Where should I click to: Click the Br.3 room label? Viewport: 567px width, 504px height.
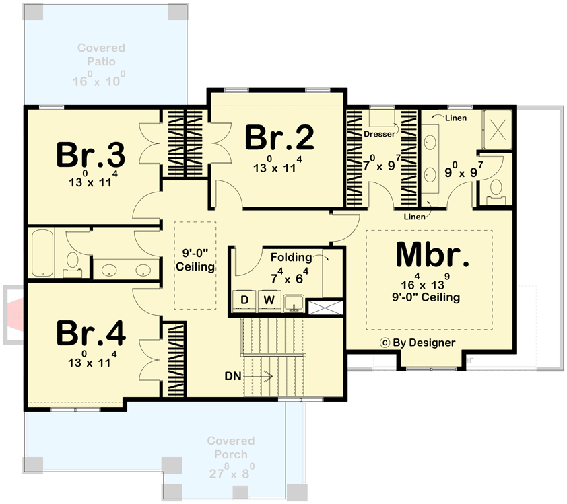tap(91, 155)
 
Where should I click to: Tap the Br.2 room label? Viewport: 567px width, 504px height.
tap(279, 138)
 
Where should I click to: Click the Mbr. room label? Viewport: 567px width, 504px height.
tap(431, 254)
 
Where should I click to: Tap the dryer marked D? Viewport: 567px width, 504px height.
tap(245, 299)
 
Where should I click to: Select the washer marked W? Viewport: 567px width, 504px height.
tap(269, 299)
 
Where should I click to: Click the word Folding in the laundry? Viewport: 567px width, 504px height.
tap(291, 257)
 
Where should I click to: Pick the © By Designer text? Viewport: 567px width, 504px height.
tap(418, 341)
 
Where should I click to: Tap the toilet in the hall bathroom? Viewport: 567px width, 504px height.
tap(73, 264)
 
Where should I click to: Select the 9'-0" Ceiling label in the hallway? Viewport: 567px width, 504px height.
tap(195, 260)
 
